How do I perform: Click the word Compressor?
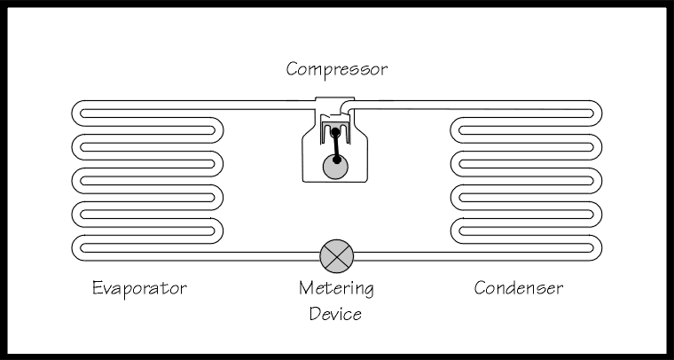point(336,68)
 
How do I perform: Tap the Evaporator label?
point(140,288)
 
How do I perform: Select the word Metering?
point(336,289)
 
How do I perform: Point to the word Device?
point(335,313)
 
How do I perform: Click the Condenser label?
point(518,288)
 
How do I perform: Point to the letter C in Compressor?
point(292,68)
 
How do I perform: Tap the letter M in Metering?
point(307,288)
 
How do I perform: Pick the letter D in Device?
point(314,313)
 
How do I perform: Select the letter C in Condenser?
point(480,288)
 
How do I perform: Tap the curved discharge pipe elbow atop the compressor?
point(350,110)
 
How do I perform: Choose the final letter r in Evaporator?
point(184,290)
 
